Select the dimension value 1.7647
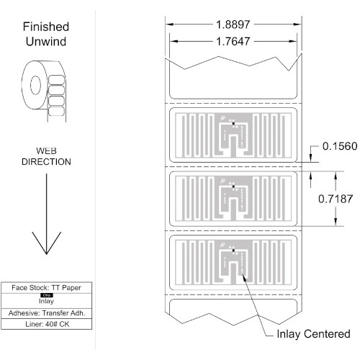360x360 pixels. coord(232,42)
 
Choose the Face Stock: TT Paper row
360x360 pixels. coord(47,287)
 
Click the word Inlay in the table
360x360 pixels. coord(47,302)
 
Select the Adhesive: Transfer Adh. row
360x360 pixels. coord(47,314)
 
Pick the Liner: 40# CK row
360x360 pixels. coord(47,325)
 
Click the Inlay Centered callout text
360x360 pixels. coord(312,334)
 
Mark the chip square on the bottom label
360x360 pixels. coord(234,251)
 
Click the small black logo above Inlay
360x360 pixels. coord(47,295)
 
